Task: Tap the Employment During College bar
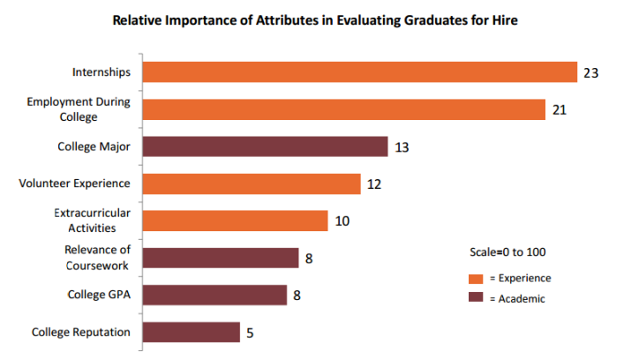(343, 109)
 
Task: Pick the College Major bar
(265, 146)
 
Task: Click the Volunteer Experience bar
(252, 184)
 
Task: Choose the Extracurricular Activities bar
(235, 221)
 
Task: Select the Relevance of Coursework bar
(220, 258)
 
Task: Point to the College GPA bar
(214, 295)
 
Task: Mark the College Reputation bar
(191, 332)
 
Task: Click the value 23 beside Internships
(591, 72)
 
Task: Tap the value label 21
(560, 109)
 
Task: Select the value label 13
(402, 146)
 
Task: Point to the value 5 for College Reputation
(250, 333)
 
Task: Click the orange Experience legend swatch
(476, 278)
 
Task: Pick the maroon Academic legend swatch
(476, 298)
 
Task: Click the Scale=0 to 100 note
(507, 252)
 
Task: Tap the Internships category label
(101, 71)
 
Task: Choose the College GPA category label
(99, 295)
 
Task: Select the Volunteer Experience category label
(75, 184)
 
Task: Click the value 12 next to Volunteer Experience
(374, 184)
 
